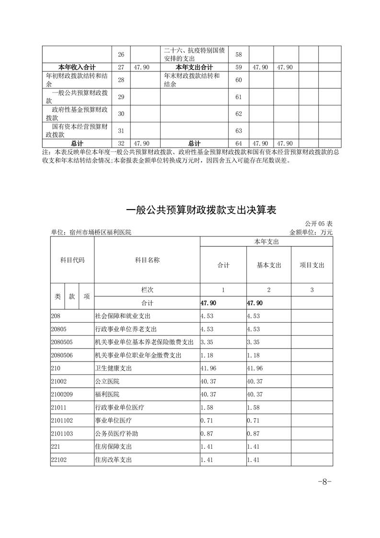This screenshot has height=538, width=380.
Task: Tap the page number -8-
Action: (x=324, y=482)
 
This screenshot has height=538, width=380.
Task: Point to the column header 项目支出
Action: (x=312, y=265)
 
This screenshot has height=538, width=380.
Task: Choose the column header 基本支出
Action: (x=269, y=265)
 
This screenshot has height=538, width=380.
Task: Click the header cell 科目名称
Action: (x=147, y=260)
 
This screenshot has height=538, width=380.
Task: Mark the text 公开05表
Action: (x=318, y=224)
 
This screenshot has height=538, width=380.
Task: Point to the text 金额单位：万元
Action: (x=311, y=232)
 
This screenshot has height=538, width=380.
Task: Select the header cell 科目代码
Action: (x=72, y=260)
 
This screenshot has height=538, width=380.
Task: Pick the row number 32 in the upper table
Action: (x=121, y=143)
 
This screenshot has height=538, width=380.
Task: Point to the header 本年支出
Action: (x=266, y=242)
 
